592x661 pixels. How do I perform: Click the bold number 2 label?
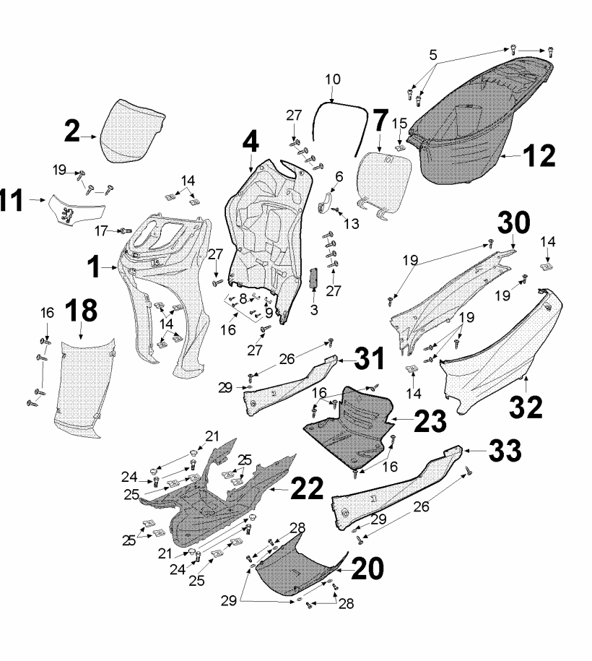point(73,131)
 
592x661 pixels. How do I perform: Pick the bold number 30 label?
point(513,223)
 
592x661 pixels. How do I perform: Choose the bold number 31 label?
point(367,358)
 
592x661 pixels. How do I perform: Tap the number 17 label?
point(101,230)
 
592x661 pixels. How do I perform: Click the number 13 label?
point(351,225)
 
